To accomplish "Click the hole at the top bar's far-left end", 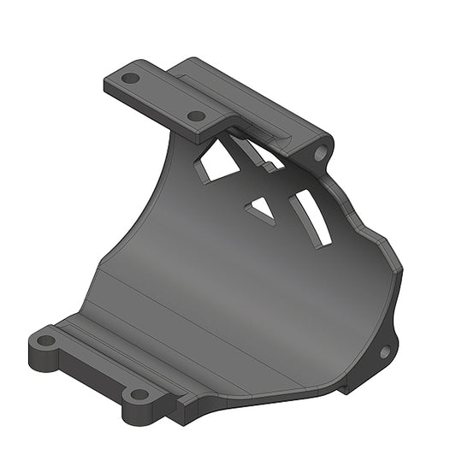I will click(x=130, y=78).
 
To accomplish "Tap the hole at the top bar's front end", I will click(x=196, y=115).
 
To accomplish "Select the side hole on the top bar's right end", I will click(x=321, y=154).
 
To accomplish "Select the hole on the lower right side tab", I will click(x=384, y=351).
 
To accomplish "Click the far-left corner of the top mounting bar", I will click(x=107, y=82).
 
